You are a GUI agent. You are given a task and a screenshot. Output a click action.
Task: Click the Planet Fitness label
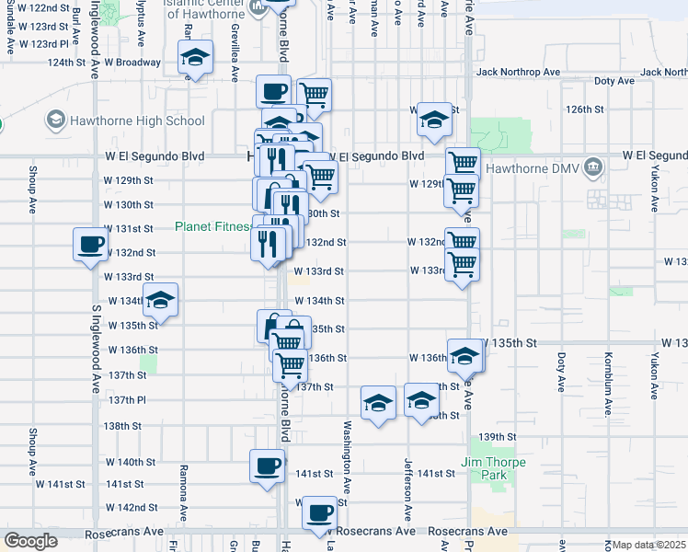click(212, 226)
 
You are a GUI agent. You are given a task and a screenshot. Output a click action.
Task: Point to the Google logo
click(31, 541)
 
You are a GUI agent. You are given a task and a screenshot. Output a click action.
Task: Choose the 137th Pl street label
click(128, 400)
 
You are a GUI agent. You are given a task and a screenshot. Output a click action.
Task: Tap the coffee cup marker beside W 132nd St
click(90, 244)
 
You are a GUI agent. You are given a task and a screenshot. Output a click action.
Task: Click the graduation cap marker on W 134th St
click(160, 300)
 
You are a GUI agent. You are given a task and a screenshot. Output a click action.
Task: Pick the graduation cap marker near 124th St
click(195, 57)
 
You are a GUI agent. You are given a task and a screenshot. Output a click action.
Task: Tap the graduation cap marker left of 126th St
click(434, 120)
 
